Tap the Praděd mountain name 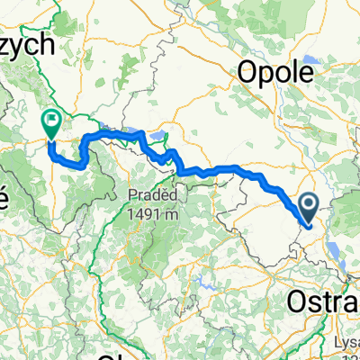148,193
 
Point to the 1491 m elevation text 148,211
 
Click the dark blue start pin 309,208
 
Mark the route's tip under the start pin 309,224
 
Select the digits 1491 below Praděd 142,211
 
